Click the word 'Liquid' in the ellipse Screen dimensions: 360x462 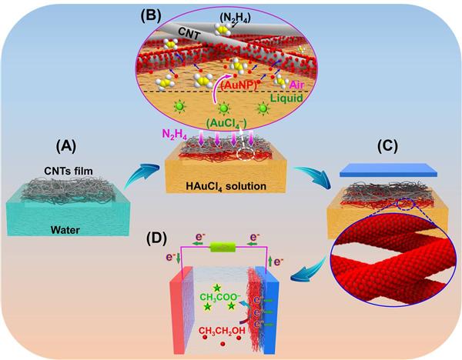[x=298, y=100]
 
